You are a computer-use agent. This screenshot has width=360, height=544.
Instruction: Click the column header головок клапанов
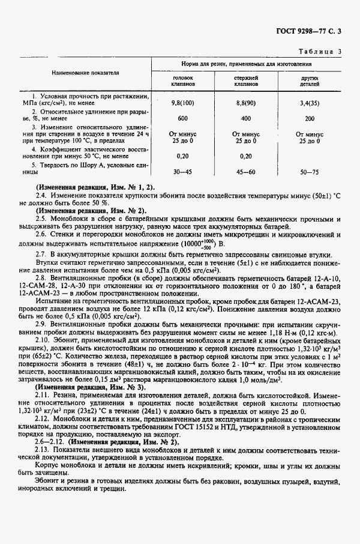coord(183,82)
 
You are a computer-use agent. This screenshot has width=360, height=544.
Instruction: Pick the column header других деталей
coord(310,82)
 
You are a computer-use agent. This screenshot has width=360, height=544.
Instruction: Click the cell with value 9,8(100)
coord(183,103)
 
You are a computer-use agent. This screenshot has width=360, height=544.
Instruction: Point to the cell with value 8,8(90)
coord(246,103)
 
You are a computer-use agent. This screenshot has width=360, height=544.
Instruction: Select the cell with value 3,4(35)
coord(310,103)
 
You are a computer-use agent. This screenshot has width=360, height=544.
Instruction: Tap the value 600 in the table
coord(183,118)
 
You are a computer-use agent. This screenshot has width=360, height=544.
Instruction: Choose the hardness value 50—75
coord(310,172)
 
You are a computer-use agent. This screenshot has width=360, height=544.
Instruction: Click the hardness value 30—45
coord(183,172)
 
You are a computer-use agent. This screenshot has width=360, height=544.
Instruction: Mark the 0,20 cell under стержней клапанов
coord(246,155)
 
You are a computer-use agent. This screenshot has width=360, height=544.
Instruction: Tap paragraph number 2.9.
coord(41,324)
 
